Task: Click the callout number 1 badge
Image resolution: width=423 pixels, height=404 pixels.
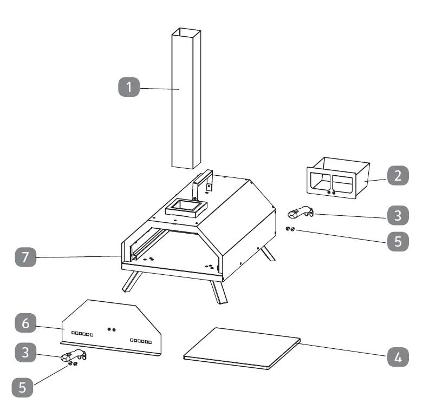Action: coord(129,87)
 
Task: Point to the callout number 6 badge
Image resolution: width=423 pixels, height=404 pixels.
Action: coord(24,325)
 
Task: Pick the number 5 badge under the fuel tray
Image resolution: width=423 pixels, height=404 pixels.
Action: coord(398,241)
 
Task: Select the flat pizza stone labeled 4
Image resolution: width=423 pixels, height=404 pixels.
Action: coord(242,348)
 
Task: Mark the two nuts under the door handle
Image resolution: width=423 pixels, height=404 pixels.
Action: coord(72,365)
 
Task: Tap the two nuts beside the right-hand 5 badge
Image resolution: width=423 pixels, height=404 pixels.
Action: coord(290,229)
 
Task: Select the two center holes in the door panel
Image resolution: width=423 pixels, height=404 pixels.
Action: coord(112,329)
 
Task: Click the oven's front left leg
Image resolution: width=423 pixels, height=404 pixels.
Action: coord(131,282)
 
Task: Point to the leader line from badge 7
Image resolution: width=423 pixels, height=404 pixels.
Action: coord(76,257)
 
